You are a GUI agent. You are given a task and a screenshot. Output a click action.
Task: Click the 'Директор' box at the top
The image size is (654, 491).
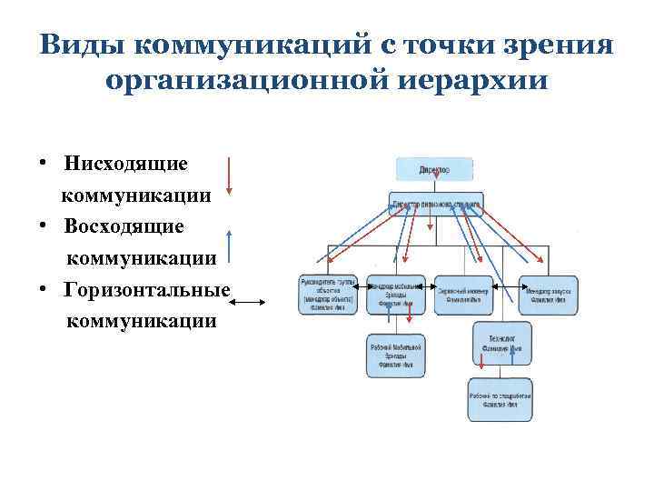[434, 169]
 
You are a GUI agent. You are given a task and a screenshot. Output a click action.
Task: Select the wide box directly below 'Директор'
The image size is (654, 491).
[436, 205]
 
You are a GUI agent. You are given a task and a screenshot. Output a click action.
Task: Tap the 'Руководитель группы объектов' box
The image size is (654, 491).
[329, 295]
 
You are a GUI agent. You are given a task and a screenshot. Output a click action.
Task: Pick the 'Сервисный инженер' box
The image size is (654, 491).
[463, 295]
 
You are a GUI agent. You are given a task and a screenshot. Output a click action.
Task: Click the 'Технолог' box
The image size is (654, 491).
[502, 343]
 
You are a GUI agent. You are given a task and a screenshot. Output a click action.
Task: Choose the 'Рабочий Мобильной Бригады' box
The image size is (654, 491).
[396, 356]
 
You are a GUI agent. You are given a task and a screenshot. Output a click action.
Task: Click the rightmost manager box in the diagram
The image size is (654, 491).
[548, 295]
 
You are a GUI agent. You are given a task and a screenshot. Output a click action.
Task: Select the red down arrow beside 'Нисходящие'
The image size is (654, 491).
[229, 176]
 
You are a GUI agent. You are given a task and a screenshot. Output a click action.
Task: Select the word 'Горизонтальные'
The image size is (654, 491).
[147, 289]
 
